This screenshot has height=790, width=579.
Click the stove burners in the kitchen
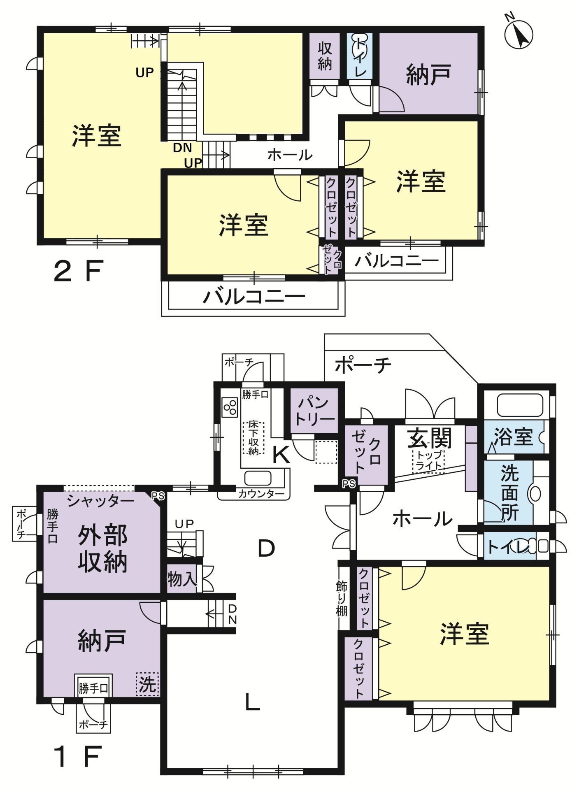point(230,407)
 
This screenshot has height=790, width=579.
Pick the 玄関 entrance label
point(429,439)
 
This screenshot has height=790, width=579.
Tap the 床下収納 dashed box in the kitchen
point(253,438)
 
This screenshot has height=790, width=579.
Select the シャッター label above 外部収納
point(101,501)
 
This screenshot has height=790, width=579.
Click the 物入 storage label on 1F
point(181,579)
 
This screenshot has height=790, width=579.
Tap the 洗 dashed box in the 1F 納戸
point(147,684)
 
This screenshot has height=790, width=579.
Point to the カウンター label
point(261,494)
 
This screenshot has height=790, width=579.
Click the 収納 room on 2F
point(325,56)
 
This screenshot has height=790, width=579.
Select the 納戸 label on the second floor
point(428,75)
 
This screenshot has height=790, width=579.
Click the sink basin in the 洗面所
point(535,493)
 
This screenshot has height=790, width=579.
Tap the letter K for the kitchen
point(281,455)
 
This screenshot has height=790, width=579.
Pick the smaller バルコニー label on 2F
point(397,260)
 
